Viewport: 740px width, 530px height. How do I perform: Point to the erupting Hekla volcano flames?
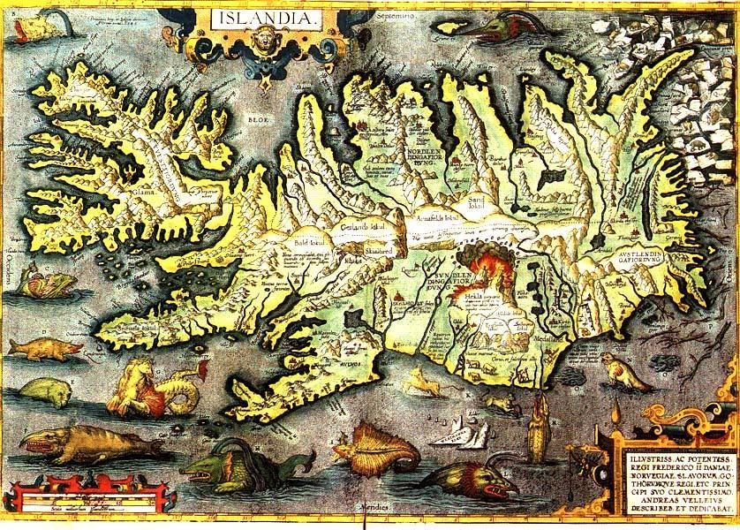point(483,266)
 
